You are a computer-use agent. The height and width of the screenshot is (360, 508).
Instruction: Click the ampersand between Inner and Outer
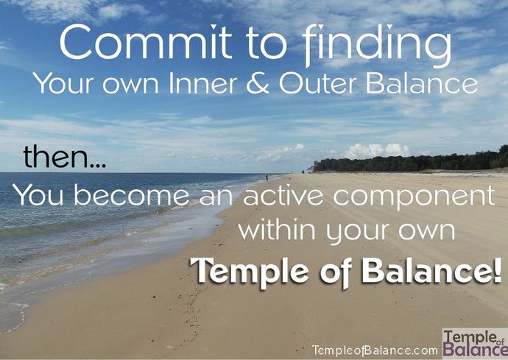point(259,84)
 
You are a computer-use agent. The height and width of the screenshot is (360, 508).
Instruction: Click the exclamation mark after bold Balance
point(497,270)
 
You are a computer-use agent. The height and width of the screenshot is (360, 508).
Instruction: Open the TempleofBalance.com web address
point(375,350)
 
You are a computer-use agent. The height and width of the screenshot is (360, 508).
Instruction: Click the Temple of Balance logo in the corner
point(474,343)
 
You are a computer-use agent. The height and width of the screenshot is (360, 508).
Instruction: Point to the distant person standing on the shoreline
point(267,177)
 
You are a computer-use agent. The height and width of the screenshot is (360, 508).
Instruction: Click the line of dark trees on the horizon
point(412,163)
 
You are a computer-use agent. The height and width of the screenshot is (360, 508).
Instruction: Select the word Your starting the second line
point(60,84)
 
